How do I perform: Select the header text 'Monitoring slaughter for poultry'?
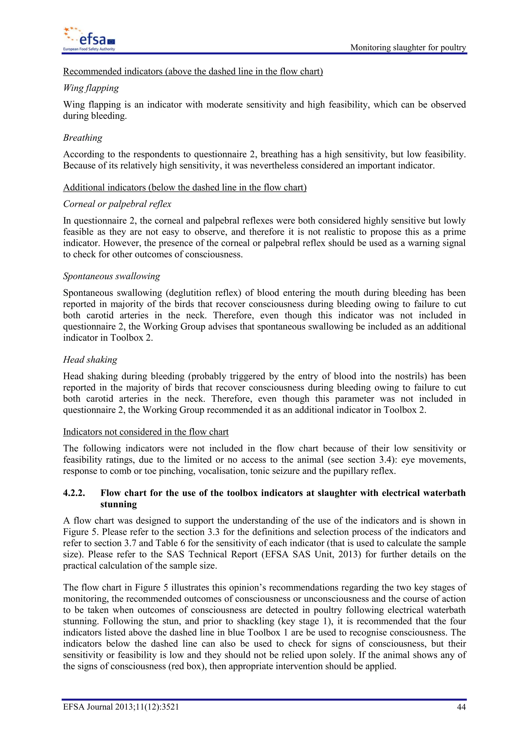point(408,48)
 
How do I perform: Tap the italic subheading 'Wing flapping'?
point(91,88)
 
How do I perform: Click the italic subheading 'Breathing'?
point(83,138)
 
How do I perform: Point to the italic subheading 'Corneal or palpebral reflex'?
point(117,204)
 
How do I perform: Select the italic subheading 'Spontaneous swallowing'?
point(111,276)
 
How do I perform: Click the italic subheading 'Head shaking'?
point(90,360)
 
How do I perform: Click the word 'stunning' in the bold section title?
point(119,504)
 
